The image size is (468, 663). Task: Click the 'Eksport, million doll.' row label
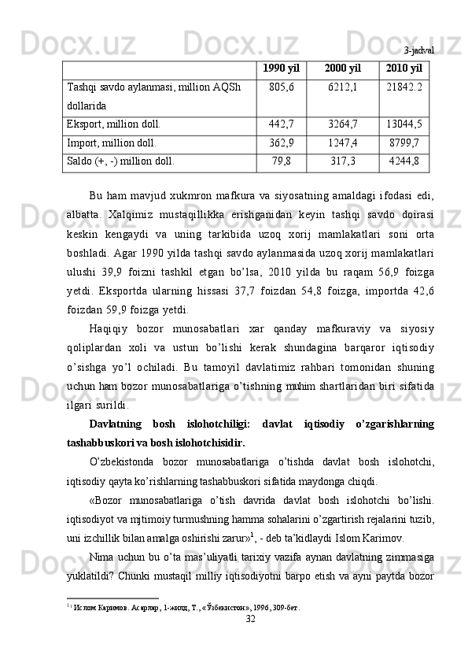click(115, 124)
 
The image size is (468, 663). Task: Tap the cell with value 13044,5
click(404, 124)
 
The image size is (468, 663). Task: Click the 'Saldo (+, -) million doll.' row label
click(122, 162)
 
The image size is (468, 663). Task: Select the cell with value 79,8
click(281, 162)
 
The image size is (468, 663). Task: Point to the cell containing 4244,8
click(404, 162)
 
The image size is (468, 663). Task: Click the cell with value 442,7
click(281, 124)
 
